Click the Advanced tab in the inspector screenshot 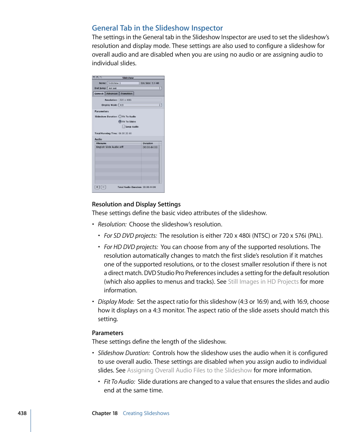112,94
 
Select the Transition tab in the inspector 127,94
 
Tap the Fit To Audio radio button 120,117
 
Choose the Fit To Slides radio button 120,122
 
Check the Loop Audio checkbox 123,127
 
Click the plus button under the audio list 97,187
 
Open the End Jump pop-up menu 134,88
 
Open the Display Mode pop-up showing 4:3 140,105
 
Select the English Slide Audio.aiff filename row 110,147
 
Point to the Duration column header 148,143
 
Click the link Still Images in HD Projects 263,282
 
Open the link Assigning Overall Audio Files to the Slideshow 189,371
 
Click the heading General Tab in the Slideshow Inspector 157,28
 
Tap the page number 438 22,413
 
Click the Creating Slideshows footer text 146,413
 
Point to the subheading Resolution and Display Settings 136,204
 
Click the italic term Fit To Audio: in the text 119,382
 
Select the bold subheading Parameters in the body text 108,333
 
